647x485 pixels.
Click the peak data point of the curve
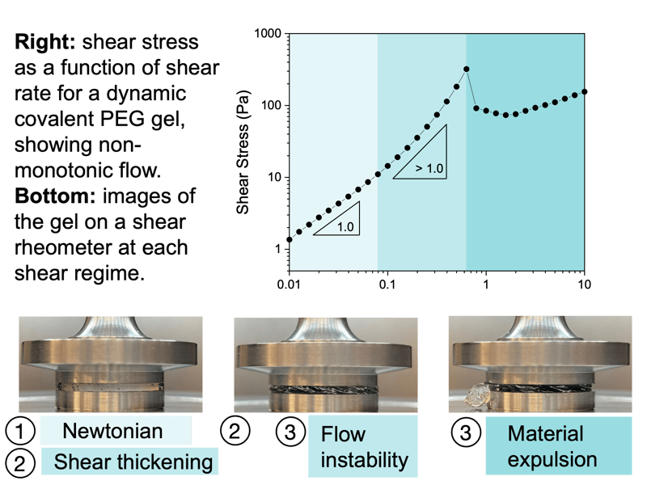point(467,70)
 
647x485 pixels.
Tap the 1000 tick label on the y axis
point(268,33)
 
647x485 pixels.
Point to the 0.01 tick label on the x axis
point(289,285)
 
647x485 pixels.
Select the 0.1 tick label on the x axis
point(387,285)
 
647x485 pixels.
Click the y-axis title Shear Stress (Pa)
point(243,152)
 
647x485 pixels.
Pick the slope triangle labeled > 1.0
point(420,152)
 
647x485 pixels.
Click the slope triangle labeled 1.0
point(336,218)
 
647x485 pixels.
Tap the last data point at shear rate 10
point(584,91)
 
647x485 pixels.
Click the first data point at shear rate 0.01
point(290,239)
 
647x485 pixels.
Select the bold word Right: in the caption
point(45,42)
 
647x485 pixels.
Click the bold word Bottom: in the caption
point(55,196)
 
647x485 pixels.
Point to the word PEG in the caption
point(123,119)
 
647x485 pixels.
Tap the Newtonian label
point(112,431)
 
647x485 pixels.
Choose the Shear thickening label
point(133,462)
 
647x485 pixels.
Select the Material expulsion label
point(552,446)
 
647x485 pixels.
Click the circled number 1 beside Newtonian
point(19,431)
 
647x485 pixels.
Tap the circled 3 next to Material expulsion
point(466,432)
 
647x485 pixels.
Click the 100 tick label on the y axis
point(271,106)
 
